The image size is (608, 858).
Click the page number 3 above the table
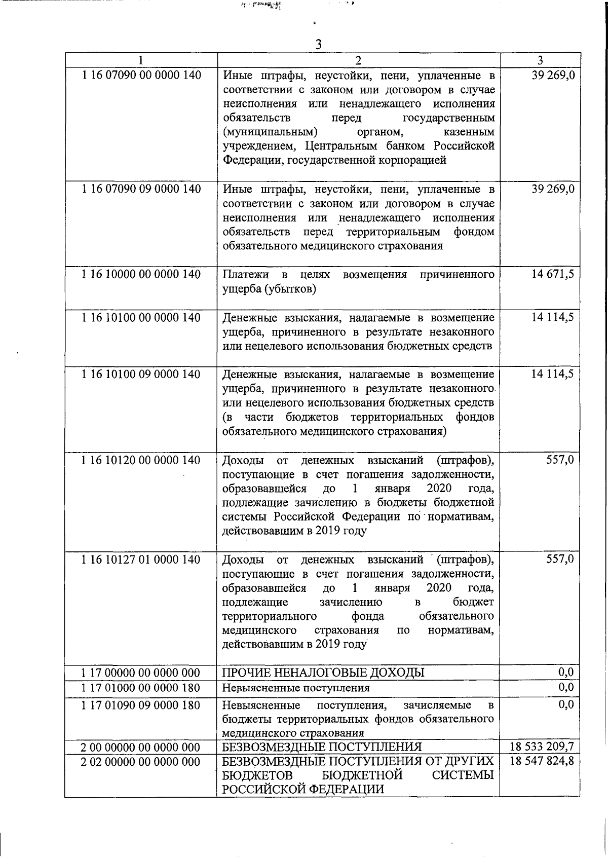pos(318,45)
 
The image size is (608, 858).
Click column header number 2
pos(358,61)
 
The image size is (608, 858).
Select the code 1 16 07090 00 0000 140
pos(141,76)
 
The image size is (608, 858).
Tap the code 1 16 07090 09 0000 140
pos(141,190)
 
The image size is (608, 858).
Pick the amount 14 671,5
pos(553,275)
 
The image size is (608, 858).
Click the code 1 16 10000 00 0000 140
pos(141,275)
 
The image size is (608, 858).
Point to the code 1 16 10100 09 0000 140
pos(141,375)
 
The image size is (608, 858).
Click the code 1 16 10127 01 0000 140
pos(141,559)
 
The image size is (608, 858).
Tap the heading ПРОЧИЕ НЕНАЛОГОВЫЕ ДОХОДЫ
pos(323,673)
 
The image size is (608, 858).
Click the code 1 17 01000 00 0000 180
pos(141,688)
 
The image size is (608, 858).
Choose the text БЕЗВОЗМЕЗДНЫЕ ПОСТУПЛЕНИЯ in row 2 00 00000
pos(322,747)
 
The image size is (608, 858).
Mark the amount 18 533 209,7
pos(542,747)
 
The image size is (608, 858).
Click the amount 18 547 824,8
pos(542,761)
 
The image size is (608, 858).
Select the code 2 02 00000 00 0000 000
pos(141,762)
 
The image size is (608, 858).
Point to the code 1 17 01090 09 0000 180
pos(141,705)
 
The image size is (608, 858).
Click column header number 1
pos(141,61)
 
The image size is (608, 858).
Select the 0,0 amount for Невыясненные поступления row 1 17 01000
pos(566,687)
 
